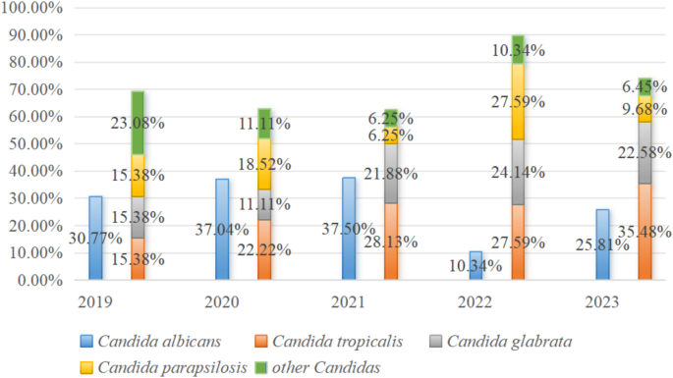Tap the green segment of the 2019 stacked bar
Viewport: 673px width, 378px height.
click(x=139, y=123)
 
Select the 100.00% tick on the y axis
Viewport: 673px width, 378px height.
click(x=34, y=8)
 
